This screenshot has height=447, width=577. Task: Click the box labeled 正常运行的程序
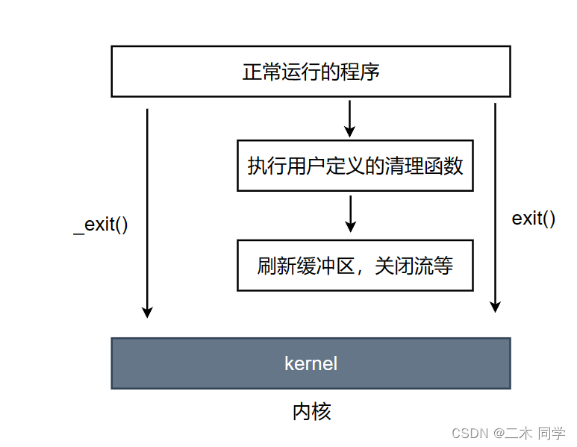(311, 71)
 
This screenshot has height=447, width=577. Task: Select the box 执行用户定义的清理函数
(355, 165)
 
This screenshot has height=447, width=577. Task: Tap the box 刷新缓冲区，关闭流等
(355, 265)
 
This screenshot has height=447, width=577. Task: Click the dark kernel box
(311, 363)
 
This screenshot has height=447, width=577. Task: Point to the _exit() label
(101, 225)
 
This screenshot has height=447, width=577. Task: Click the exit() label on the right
(533, 219)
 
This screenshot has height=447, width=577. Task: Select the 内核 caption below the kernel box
(311, 411)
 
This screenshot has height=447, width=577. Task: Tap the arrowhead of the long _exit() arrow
(147, 311)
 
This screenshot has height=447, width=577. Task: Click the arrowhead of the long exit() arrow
(495, 305)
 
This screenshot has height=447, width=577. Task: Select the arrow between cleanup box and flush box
(350, 213)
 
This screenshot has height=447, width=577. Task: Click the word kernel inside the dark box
(311, 363)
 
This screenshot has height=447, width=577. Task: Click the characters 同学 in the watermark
(552, 434)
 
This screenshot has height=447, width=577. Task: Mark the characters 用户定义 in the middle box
(325, 165)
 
